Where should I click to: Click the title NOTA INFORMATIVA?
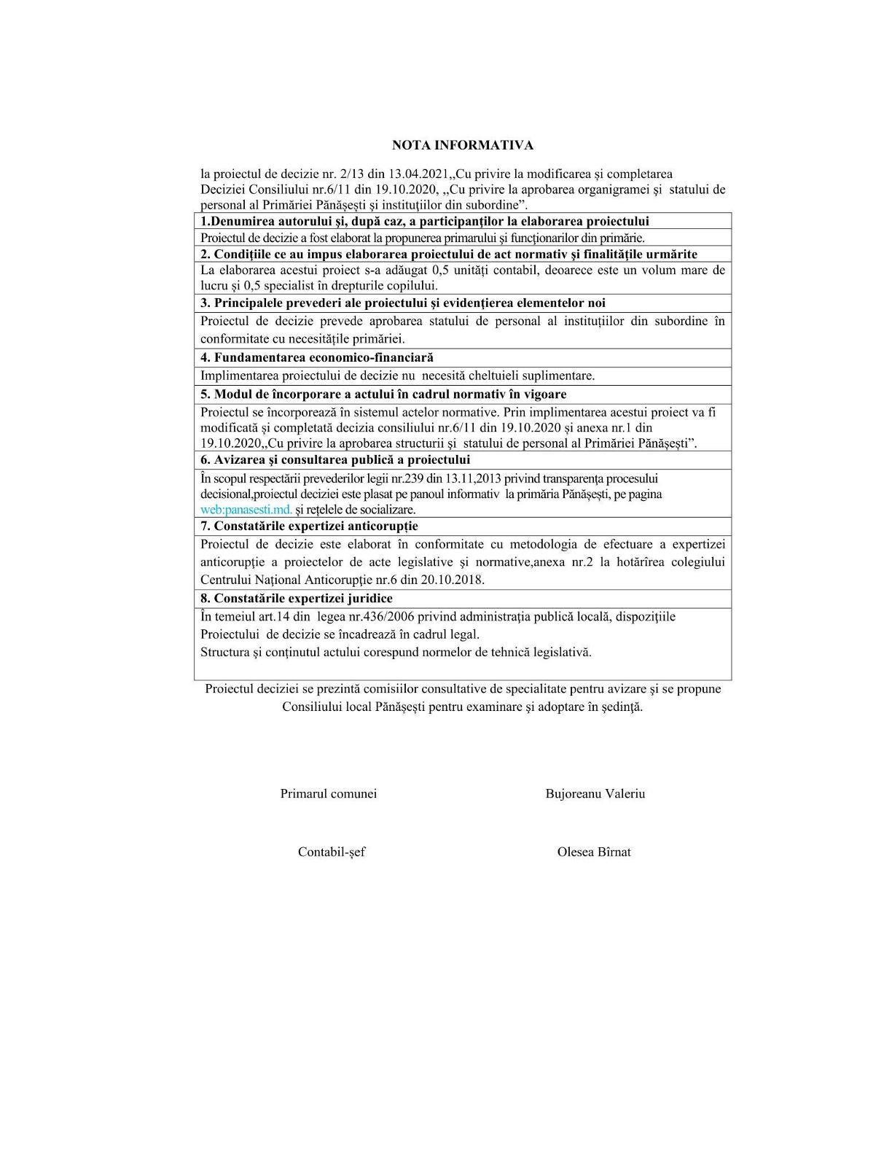(462, 145)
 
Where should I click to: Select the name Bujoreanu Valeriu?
(595, 793)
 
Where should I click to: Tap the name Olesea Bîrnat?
(594, 852)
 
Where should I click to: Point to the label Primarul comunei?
(328, 793)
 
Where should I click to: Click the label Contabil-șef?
(331, 852)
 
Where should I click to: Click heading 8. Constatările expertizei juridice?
(297, 598)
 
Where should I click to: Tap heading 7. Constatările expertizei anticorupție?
(309, 526)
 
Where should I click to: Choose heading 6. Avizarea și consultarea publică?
(335, 459)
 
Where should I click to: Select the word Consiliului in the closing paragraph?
(311, 707)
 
